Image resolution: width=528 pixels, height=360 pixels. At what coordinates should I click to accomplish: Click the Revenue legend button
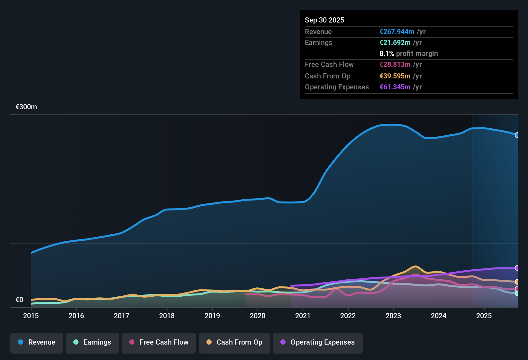[x=37, y=342]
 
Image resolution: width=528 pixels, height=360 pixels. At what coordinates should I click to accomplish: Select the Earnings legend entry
[x=92, y=342]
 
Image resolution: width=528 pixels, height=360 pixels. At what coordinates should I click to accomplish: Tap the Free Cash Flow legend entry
[x=159, y=342]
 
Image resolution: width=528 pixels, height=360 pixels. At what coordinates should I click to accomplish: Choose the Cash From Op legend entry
[x=234, y=342]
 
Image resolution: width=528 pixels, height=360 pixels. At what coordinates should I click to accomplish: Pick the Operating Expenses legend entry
[x=318, y=342]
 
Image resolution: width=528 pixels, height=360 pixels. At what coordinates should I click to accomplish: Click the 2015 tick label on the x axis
[x=31, y=316]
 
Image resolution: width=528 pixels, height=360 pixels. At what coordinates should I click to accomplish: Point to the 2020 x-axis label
[x=258, y=316]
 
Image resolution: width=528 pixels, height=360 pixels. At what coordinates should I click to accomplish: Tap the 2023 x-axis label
[x=393, y=316]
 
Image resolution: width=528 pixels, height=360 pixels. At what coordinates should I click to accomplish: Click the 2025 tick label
[x=484, y=316]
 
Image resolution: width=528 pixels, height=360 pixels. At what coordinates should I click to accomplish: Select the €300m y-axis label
[x=26, y=107]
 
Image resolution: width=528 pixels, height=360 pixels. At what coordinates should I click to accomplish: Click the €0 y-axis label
[x=20, y=300]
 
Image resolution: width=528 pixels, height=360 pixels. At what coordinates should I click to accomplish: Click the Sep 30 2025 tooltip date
[x=324, y=20]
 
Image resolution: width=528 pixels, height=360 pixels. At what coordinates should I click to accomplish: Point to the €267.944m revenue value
[x=397, y=32]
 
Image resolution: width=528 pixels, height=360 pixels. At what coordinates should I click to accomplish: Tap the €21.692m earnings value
[x=395, y=43]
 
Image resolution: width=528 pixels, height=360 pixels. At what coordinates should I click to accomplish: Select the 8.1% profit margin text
[x=409, y=54]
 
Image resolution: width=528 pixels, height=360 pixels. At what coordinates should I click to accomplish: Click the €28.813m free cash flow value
[x=395, y=65]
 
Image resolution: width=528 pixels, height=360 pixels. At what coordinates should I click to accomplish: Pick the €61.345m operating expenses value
[x=395, y=87]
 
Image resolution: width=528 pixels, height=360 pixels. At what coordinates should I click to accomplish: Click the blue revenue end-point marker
[x=517, y=135]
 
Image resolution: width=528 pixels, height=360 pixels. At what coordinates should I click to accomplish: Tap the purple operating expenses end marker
[x=517, y=268]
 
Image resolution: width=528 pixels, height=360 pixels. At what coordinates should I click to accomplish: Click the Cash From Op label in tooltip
[x=328, y=76]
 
